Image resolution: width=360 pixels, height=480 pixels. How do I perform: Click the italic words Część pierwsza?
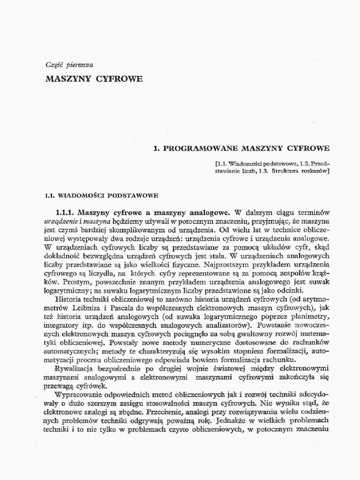[x=69, y=65]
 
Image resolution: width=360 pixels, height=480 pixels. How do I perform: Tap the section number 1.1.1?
[x=67, y=212]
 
